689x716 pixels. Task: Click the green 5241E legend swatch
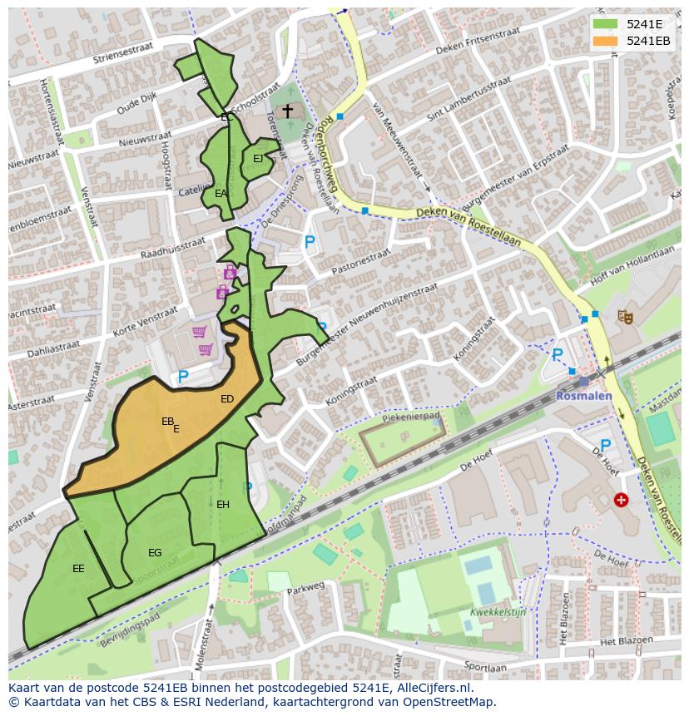tap(606, 24)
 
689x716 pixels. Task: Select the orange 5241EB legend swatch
tap(606, 41)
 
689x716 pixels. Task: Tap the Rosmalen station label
tap(583, 395)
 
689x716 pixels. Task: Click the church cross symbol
tap(288, 111)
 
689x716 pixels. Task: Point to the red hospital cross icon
tap(621, 500)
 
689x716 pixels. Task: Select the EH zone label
tap(223, 505)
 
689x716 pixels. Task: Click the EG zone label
tap(155, 553)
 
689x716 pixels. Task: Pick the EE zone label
tap(78, 569)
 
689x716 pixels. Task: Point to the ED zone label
tap(227, 399)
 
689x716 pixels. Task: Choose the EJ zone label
tap(258, 158)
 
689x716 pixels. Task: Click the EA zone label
tap(221, 193)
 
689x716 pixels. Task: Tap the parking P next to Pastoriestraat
tap(310, 243)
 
